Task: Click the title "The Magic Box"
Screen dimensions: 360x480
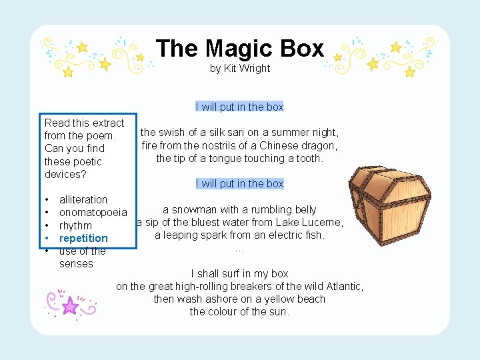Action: [240, 48]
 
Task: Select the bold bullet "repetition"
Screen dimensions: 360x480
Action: [83, 238]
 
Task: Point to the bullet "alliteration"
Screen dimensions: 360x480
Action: [83, 199]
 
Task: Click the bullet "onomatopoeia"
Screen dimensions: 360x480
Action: [93, 213]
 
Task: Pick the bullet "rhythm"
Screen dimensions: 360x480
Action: [75, 225]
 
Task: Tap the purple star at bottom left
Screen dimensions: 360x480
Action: [70, 306]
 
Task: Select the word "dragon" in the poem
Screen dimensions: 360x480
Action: [319, 145]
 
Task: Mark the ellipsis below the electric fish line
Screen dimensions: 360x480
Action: [240, 249]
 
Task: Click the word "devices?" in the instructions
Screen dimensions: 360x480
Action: [64, 174]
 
